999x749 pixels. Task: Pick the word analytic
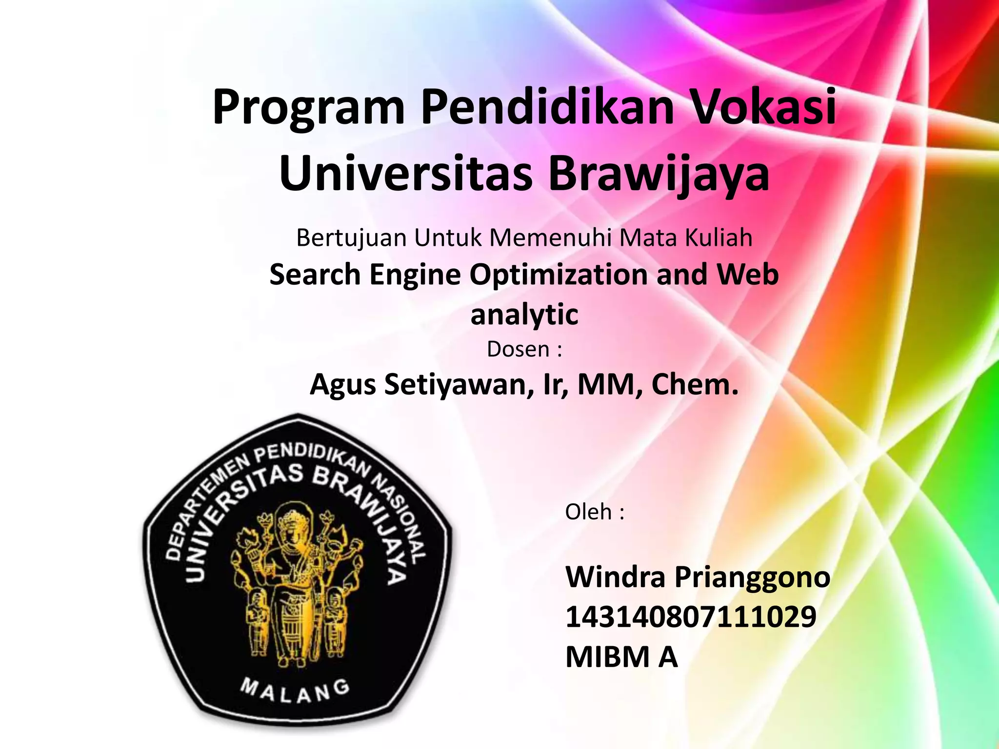[524, 315]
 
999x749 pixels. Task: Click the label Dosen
[518, 349]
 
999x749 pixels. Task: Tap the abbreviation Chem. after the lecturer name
[695, 384]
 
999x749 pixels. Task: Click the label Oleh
[588, 512]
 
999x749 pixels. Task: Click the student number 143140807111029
[691, 616]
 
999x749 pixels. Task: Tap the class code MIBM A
[621, 656]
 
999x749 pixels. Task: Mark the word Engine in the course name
[415, 275]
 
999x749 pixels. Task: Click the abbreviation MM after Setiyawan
[604, 384]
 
